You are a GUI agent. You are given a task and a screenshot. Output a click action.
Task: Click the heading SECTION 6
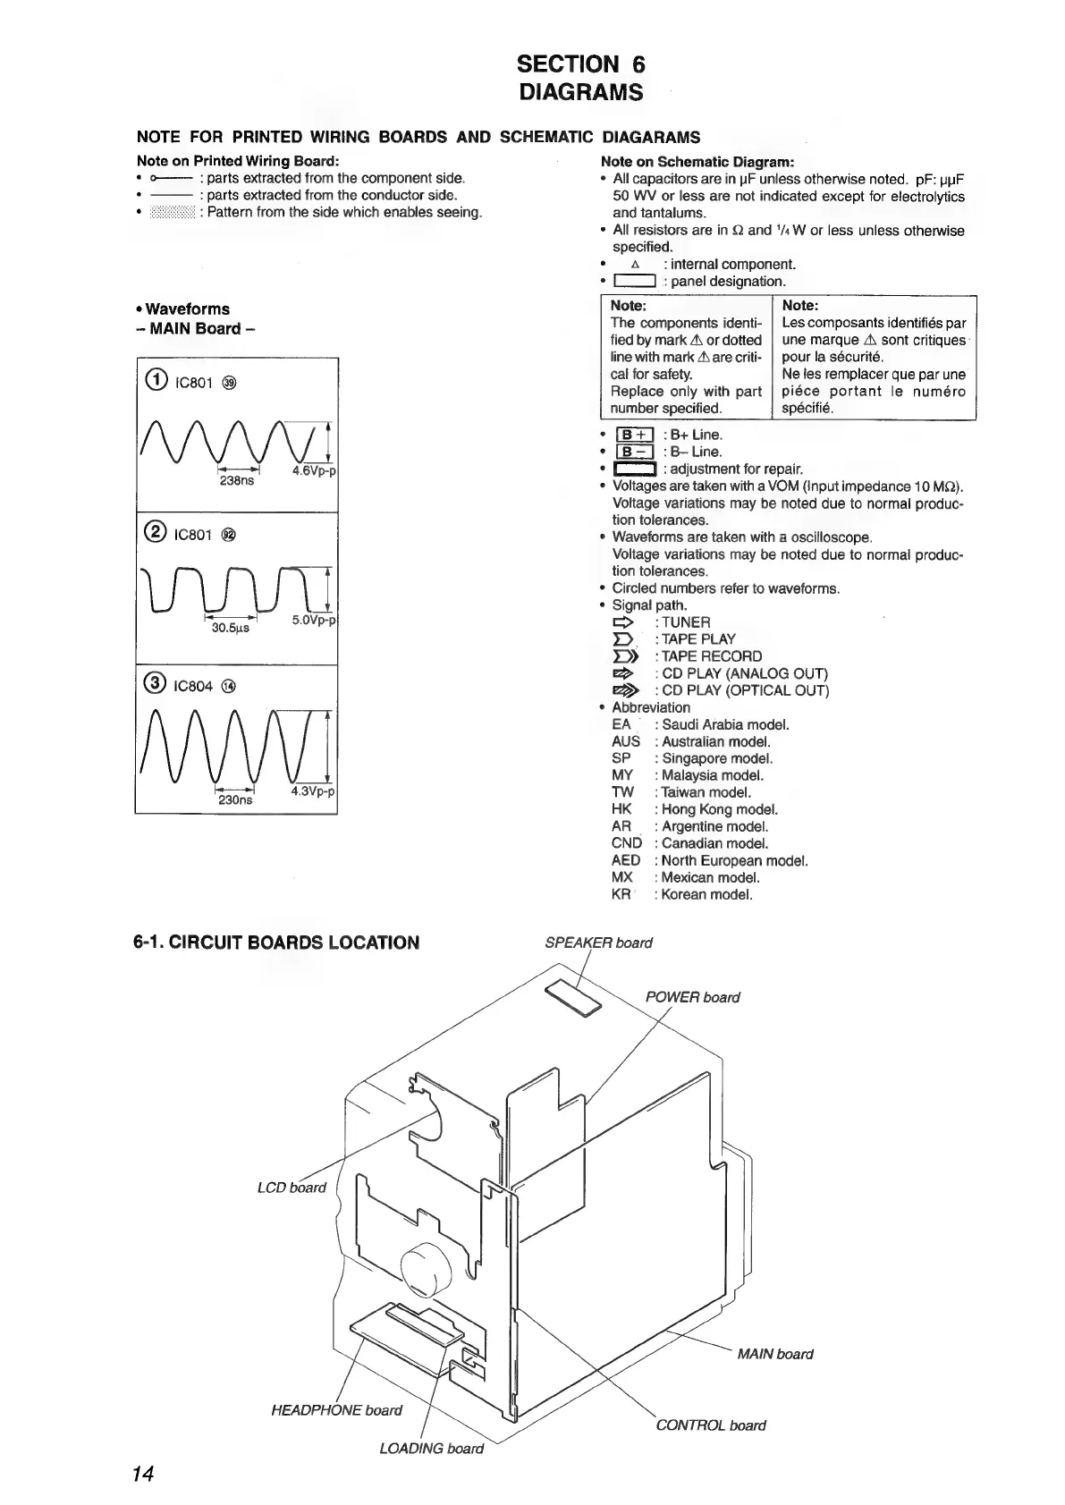pyautogui.click(x=581, y=64)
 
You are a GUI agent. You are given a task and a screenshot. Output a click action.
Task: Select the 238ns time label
pyautogui.click(x=236, y=480)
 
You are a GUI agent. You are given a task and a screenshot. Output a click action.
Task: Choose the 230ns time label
pyautogui.click(x=235, y=800)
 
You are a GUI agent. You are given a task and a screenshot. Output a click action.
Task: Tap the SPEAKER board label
pyautogui.click(x=598, y=943)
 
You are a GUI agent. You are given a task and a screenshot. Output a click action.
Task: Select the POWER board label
pyautogui.click(x=692, y=997)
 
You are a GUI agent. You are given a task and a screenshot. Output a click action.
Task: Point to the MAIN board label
pyautogui.click(x=774, y=1354)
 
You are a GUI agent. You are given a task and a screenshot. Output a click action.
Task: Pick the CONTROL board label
pyautogui.click(x=710, y=1425)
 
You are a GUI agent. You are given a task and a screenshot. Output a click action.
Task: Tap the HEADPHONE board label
pyautogui.click(x=336, y=1410)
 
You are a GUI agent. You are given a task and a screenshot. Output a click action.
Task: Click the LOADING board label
pyautogui.click(x=431, y=1449)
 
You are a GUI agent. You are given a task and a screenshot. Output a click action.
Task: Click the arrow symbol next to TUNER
pyautogui.click(x=623, y=621)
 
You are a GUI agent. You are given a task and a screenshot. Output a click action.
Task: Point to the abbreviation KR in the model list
pyautogui.click(x=621, y=894)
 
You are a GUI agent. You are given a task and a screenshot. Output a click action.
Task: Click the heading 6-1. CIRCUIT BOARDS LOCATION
pyautogui.click(x=276, y=943)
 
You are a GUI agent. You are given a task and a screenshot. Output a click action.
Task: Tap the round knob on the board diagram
pyautogui.click(x=423, y=1270)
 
